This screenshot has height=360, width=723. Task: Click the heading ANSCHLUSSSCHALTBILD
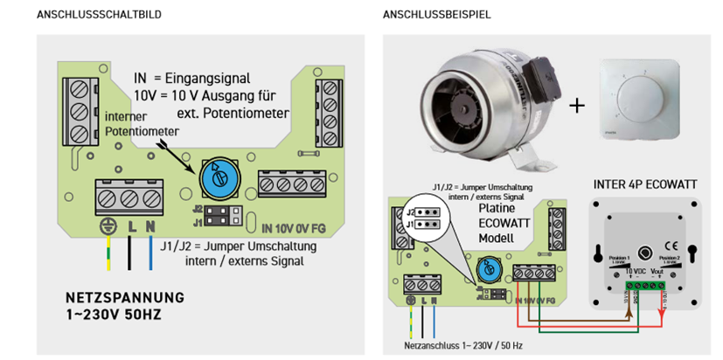pos(98,15)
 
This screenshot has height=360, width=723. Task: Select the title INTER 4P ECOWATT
pos(645,184)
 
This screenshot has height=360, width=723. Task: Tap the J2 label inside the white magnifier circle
pos(411,211)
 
